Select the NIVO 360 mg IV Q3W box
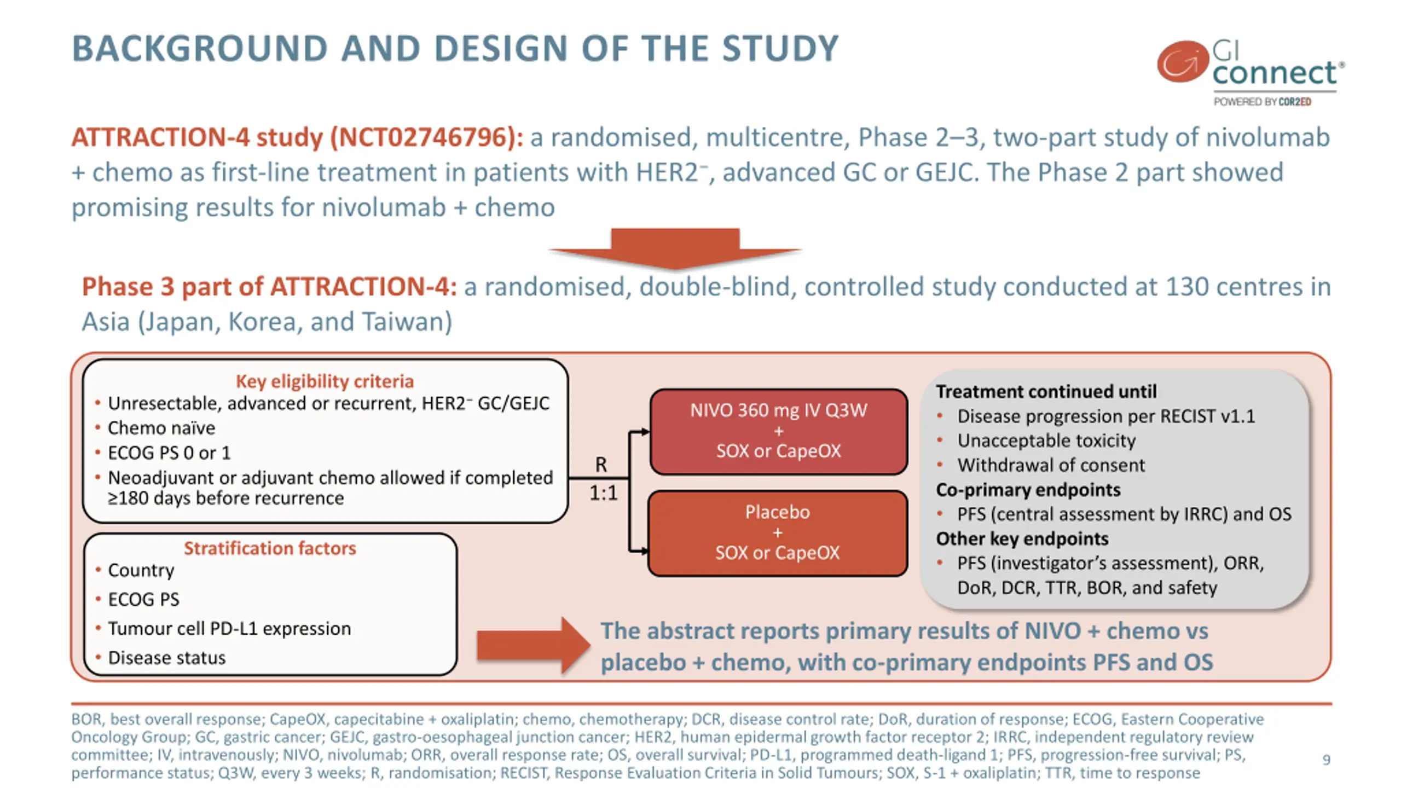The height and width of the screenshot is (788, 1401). tap(778, 431)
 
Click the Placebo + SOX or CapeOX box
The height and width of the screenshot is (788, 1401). tap(777, 532)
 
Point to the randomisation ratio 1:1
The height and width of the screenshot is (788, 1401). tap(603, 493)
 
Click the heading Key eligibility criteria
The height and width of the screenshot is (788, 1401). tap(325, 381)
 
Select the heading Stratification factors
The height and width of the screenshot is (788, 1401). tap(270, 548)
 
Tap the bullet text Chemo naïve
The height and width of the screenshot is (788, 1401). tap(161, 428)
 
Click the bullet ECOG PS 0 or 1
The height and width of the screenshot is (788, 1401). tap(169, 453)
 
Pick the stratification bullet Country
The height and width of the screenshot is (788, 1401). tap(141, 570)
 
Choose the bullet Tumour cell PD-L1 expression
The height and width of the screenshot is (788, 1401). tap(229, 629)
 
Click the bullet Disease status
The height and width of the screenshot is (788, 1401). tap(167, 658)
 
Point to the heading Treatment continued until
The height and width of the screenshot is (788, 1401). tap(1046, 392)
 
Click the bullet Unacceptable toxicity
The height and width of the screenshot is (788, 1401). tap(1046, 441)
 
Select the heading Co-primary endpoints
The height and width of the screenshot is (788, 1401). tap(1028, 490)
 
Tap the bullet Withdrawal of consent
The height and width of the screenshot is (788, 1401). tap(1051, 465)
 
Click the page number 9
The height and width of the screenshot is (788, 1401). tap(1326, 760)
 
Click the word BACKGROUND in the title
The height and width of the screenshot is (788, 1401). tap(200, 49)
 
